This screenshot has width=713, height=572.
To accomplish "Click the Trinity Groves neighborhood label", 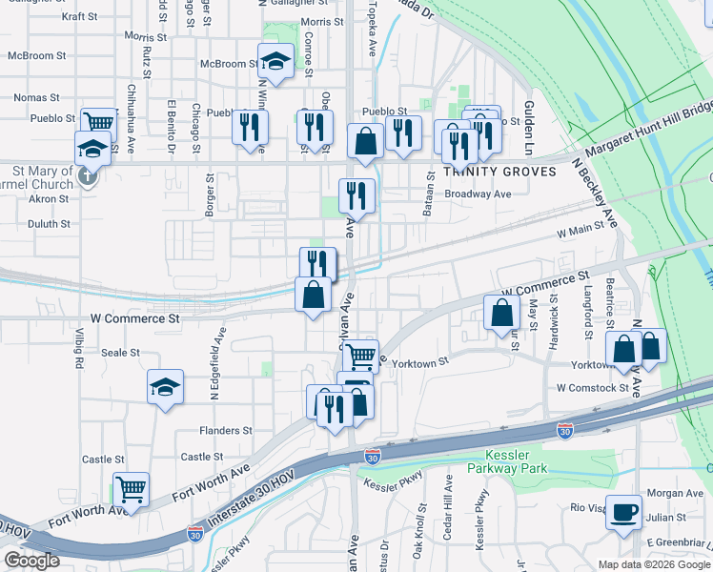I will tap(486, 172).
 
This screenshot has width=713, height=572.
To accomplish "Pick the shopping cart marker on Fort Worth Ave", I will tap(132, 490).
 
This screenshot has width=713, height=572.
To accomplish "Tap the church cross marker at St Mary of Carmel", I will tap(87, 175).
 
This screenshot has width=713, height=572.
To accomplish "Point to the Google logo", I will tap(31, 560).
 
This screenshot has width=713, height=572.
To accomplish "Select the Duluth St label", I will tap(50, 225).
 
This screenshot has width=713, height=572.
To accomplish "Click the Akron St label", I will tap(49, 199).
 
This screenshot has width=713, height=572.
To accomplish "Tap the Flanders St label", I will tap(226, 431).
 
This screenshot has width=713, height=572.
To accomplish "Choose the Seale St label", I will tap(121, 353).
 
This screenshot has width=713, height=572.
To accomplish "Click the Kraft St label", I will tap(79, 16).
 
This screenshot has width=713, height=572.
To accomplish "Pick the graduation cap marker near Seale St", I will tap(166, 388).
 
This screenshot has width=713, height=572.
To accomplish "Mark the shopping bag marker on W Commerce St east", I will tap(501, 313).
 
